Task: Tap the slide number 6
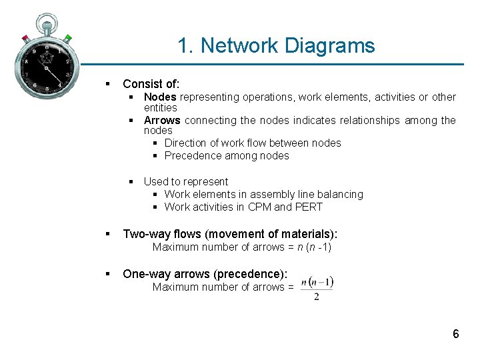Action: point(456,334)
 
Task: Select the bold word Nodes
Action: point(160,97)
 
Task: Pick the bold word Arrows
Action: point(162,121)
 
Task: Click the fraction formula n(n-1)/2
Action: point(317,287)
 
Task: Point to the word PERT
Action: point(309,207)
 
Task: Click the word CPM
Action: point(259,207)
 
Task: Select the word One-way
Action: point(143,274)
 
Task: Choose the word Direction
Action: point(187,143)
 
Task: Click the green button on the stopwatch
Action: point(67,39)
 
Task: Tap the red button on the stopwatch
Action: point(25,38)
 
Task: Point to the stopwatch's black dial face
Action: point(46,67)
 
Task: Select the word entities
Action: point(161,108)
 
